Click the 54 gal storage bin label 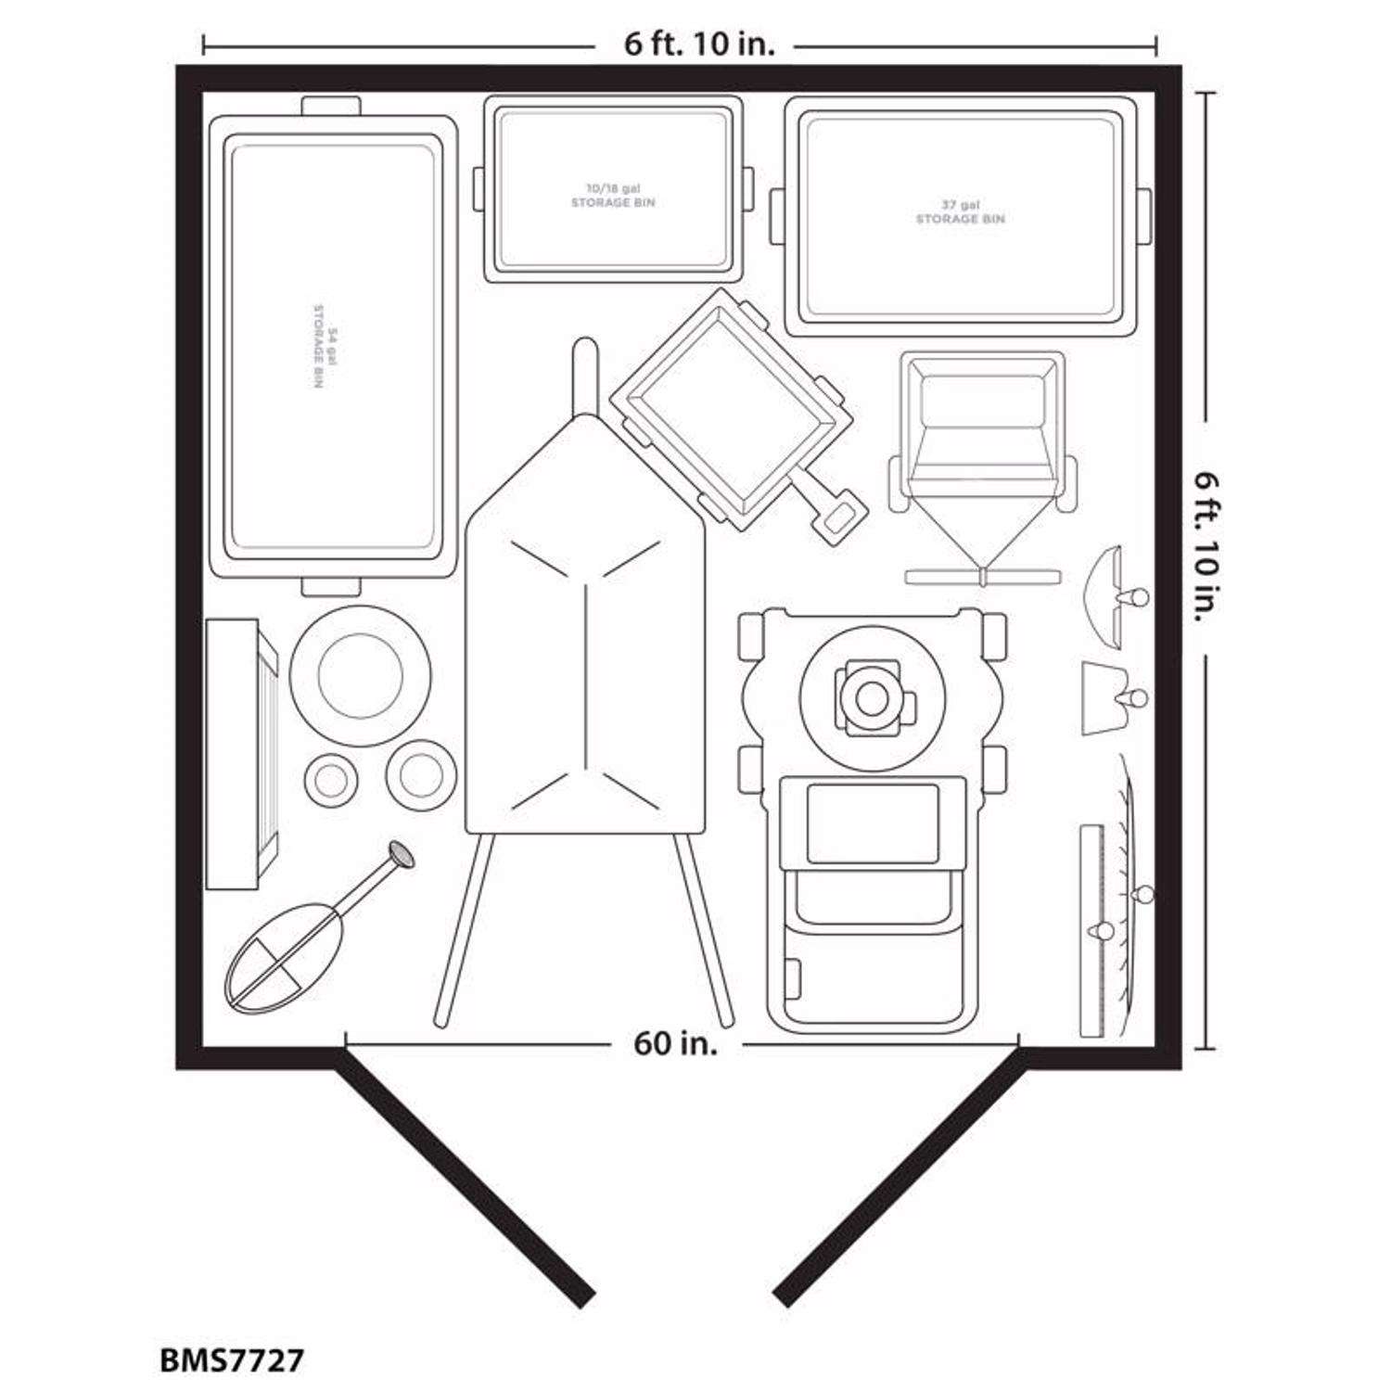click(x=318, y=345)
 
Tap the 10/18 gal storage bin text click(x=613, y=196)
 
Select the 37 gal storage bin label click(x=960, y=211)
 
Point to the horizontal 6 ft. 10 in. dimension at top click(x=699, y=44)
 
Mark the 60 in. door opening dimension click(x=675, y=1043)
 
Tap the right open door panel click(x=900, y=1186)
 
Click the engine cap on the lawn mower click(x=871, y=697)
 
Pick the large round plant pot click(x=360, y=674)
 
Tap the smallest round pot click(x=329, y=781)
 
